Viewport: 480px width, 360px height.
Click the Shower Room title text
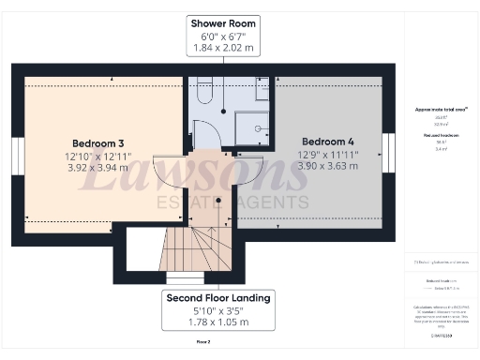223,22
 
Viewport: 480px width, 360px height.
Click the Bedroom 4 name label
327,142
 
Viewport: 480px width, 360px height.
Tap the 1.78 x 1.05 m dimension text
205,322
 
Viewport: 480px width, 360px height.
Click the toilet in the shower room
207,91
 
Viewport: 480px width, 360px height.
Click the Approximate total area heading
441,110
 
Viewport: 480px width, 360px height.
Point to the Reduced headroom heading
441,136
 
